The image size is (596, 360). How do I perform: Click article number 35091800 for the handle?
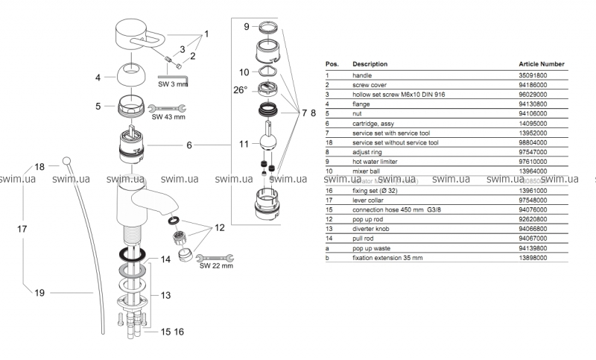tap(533, 75)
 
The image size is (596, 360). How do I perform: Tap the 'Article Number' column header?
tap(541, 64)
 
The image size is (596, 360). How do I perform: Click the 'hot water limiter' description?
tap(377, 161)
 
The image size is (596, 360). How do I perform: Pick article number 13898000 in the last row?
tap(533, 257)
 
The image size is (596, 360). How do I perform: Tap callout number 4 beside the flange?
tap(98, 76)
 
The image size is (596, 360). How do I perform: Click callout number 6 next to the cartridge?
tap(189, 144)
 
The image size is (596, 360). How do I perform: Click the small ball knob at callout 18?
tap(67, 160)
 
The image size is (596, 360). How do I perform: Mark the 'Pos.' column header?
tap(332, 64)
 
